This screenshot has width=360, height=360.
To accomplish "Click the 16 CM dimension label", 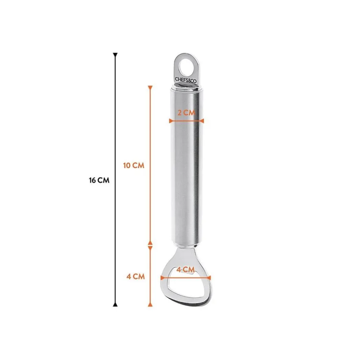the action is pyautogui.click(x=99, y=180).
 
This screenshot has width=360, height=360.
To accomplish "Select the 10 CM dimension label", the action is pyautogui.click(x=134, y=165).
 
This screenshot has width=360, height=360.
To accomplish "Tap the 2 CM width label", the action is pyautogui.click(x=186, y=113).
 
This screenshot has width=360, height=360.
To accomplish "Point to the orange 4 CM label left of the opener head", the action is pyautogui.click(x=135, y=277).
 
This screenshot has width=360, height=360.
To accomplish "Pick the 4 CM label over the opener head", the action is pyautogui.click(x=185, y=269).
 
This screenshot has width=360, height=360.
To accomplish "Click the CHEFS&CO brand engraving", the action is pyautogui.click(x=185, y=80).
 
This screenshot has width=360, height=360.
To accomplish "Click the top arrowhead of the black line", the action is pyautogui.click(x=115, y=55).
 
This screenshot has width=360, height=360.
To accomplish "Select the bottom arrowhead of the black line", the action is pyautogui.click(x=115, y=304).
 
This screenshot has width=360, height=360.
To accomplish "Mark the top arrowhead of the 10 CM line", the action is pyautogui.click(x=150, y=88).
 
